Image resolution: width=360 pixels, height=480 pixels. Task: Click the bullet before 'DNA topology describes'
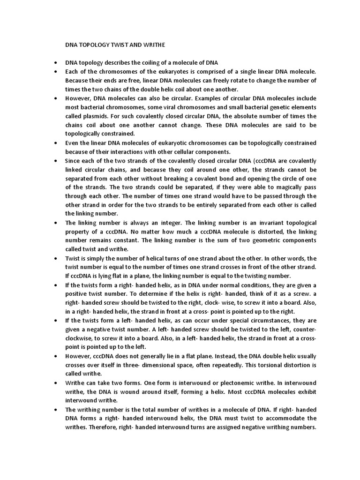[56, 63]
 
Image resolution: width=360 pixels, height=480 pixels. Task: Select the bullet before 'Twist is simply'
[56, 258]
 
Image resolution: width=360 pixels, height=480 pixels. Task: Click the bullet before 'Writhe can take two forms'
[56, 383]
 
